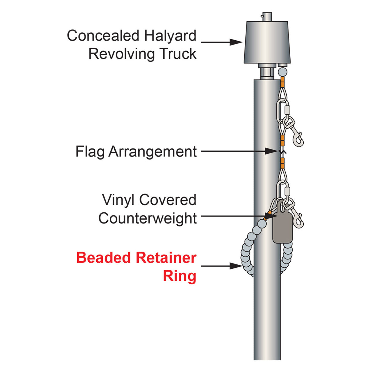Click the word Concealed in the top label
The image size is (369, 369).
pyautogui.click(x=103, y=36)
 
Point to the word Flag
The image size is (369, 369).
pyautogui.click(x=90, y=152)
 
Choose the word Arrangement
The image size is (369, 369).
pyautogui.click(x=153, y=152)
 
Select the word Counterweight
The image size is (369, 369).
pyautogui.click(x=147, y=218)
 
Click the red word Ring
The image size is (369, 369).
pyautogui.click(x=180, y=276)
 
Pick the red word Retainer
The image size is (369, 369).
pyautogui.click(x=166, y=257)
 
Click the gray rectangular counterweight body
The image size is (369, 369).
pyautogui.click(x=283, y=228)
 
